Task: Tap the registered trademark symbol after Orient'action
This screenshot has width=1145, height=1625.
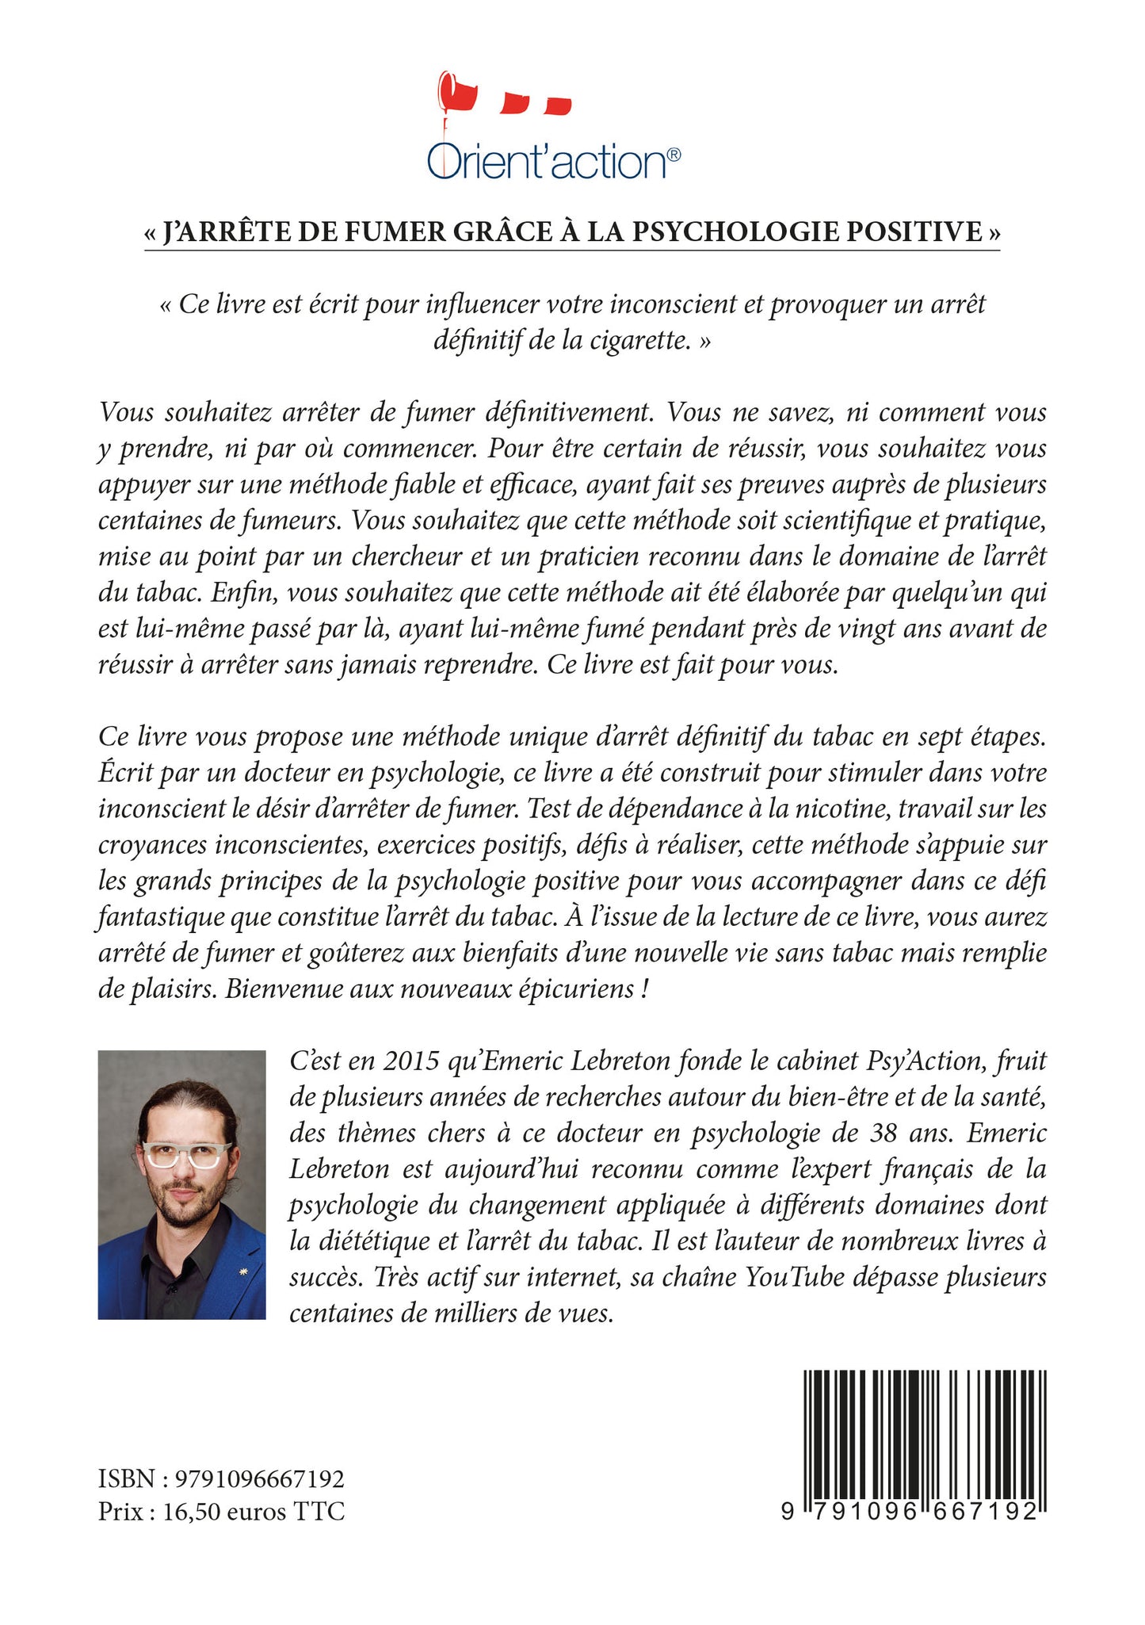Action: pyautogui.click(x=674, y=156)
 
